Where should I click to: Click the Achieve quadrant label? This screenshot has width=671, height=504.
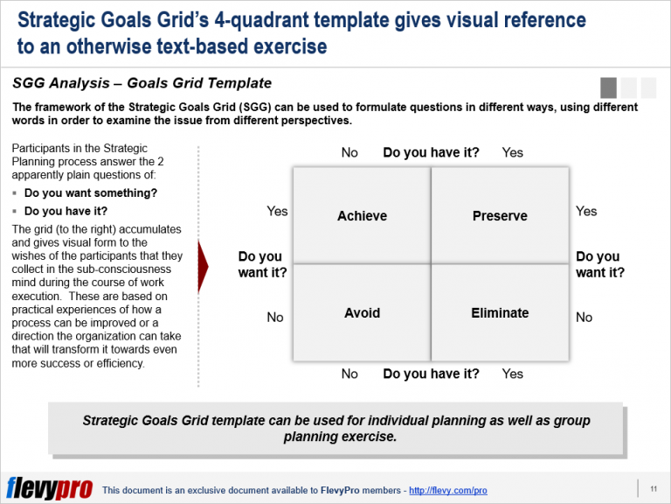pos(362,215)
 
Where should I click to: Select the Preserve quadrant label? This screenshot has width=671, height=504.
pos(500,215)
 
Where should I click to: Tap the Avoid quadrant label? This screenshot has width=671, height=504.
pos(362,313)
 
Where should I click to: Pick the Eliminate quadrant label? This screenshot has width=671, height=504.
pos(500,313)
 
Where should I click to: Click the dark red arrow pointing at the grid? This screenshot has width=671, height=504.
pos(203,267)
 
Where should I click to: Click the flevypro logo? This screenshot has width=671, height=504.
pos(49,487)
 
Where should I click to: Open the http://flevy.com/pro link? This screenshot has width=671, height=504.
pos(448,490)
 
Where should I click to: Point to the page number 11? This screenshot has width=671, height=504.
pos(654,488)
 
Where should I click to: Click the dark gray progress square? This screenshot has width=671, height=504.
pos(608,87)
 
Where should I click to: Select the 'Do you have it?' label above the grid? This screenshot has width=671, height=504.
pos(431,152)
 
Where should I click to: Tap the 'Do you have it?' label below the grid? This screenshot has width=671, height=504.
pos(431,374)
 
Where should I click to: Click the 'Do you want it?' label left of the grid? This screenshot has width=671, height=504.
pos(262,264)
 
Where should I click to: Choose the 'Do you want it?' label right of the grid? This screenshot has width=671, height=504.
pos(600,264)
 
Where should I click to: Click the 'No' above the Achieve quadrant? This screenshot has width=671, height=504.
pos(349,152)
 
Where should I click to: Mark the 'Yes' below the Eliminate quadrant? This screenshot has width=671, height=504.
pos(513,374)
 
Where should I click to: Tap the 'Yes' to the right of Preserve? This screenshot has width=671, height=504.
pos(586,211)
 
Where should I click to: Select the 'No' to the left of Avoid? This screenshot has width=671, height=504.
pos(275,317)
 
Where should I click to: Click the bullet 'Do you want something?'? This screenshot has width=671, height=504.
pos(91,193)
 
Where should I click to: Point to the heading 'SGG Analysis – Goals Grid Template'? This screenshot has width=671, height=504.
pos(142,83)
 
